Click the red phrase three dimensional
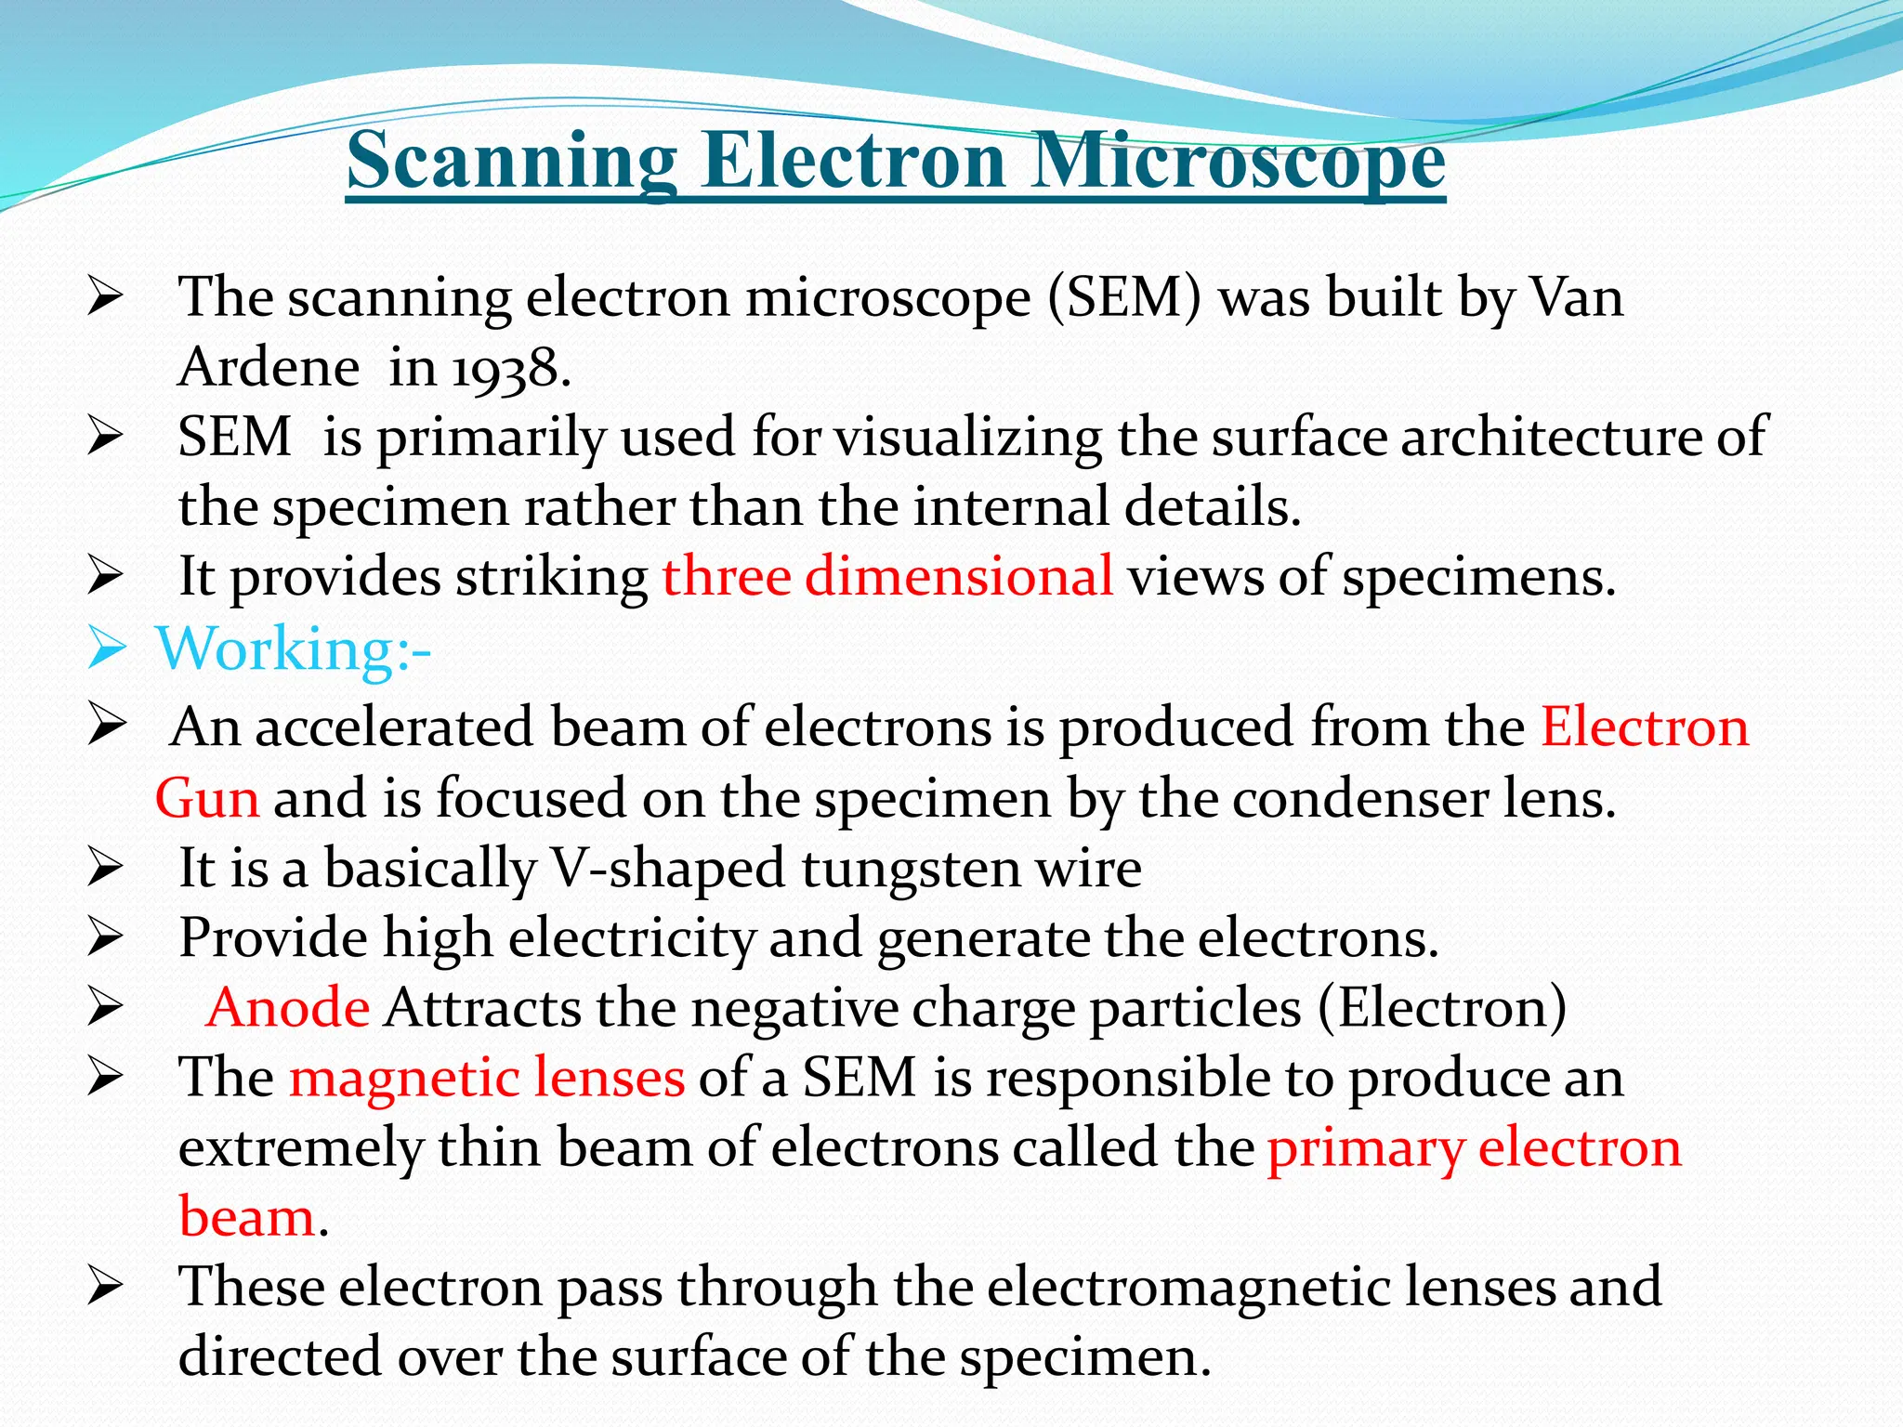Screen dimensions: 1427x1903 [887, 576]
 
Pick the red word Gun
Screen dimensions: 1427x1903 [207, 798]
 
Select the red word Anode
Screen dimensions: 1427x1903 [288, 1007]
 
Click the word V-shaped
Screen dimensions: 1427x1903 [669, 869]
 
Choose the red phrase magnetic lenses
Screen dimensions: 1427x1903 [487, 1078]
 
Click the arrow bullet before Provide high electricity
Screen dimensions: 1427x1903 [105, 938]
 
